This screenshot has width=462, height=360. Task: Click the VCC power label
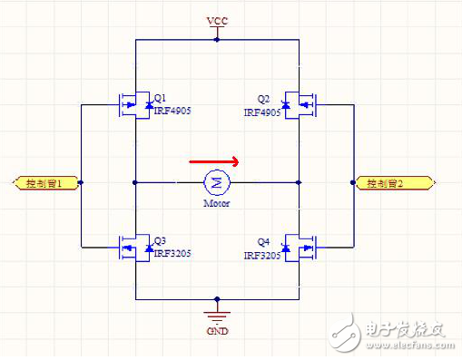point(217,20)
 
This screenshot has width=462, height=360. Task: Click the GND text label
point(218,331)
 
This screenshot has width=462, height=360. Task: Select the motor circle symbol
point(216,182)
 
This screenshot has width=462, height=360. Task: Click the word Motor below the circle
point(216,203)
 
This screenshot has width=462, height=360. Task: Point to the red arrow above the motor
point(214,162)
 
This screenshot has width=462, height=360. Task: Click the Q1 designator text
point(160,98)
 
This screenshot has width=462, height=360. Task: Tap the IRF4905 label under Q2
point(262,112)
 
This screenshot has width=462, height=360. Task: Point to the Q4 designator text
point(264,241)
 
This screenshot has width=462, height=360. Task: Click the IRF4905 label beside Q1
point(172,112)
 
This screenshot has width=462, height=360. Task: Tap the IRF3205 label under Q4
point(262,258)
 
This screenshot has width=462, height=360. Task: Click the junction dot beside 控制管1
point(82,183)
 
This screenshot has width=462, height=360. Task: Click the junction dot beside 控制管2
point(352,183)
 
